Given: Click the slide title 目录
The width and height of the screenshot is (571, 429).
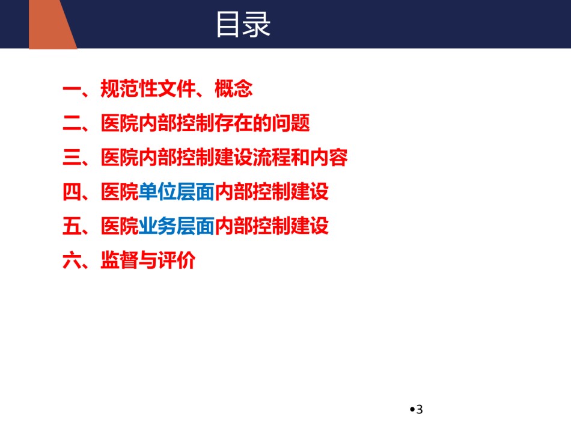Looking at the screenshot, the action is coord(243,25).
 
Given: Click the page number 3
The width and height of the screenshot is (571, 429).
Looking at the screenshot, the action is coord(420,409).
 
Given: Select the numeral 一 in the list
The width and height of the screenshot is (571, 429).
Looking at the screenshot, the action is coord(72,88).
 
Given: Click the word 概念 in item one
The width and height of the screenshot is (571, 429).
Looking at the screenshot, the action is coord(233,88).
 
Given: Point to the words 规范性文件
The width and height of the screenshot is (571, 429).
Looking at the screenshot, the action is coord(148,88).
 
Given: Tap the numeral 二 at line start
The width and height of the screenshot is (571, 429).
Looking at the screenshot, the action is coord(72,123).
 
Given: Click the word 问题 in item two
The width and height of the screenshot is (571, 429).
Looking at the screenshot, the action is coord(291,123).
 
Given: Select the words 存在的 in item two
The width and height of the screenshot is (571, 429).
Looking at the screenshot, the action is coord(243,123).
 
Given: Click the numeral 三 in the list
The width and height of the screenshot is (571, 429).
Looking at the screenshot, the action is coord(72,157).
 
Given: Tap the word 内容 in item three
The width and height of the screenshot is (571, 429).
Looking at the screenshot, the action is coord(329,157).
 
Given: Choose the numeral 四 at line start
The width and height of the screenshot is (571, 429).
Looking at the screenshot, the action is coord(72,192).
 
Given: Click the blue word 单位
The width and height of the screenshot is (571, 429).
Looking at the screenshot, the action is coord(157,192).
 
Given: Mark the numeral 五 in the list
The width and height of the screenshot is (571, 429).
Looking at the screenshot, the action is coord(72,226).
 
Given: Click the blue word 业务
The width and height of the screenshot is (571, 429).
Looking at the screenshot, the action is coord(157,226).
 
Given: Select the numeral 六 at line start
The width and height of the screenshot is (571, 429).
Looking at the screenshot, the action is coord(72,261).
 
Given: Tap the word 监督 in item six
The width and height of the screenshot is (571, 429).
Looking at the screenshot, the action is coord(120,261).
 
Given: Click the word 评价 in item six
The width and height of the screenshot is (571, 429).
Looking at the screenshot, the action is coord(177,261).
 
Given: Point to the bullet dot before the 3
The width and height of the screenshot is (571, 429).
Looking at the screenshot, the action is coord(412,409).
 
